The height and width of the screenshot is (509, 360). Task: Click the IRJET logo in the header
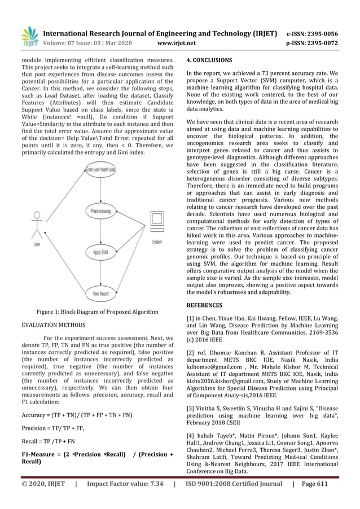[28, 36]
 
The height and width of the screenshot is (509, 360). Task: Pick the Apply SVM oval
[100, 252]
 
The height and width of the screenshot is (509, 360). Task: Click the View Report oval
[100, 294]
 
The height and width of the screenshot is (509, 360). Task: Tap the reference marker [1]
[191, 319]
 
